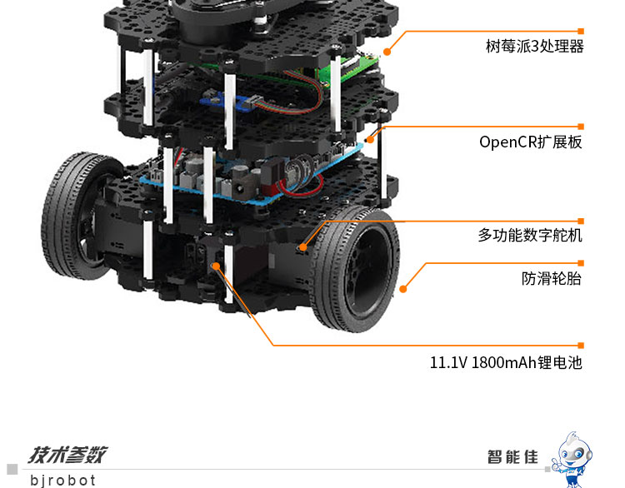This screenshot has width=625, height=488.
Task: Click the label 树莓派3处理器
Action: [x=534, y=46]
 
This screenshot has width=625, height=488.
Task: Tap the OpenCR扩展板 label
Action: [x=531, y=142]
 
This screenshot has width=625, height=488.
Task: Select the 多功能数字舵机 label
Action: [x=530, y=235]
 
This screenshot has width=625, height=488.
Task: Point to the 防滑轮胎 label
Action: [x=552, y=278]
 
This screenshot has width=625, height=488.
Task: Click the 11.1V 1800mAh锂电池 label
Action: [x=506, y=362]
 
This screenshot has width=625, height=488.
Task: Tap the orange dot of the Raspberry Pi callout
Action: [x=387, y=52]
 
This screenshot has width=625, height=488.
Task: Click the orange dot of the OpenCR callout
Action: [x=370, y=139]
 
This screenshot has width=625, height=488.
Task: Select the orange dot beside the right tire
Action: [x=403, y=289]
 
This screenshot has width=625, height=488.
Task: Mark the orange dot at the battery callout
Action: [x=216, y=266]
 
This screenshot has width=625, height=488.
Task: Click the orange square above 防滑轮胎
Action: [x=581, y=263]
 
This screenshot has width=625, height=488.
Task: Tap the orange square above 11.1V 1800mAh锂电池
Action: [x=581, y=346]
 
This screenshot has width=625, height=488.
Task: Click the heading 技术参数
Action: [x=67, y=455]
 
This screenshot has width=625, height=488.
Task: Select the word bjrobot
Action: [x=63, y=480]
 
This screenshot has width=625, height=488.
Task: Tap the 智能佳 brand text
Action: [x=512, y=456]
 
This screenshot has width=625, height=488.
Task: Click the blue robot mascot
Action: [x=573, y=459]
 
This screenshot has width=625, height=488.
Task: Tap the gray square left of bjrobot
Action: [x=12, y=470]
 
